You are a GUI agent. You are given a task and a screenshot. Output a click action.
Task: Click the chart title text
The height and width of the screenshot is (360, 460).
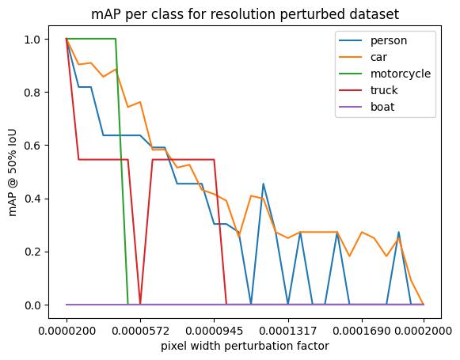pos(245,14)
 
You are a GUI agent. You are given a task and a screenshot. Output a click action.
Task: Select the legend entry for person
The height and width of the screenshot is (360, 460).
pos(373,40)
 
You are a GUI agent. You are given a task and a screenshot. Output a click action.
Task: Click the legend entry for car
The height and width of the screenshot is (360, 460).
pos(363,57)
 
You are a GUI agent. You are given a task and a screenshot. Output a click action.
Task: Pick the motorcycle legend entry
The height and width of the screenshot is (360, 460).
pos(385,74)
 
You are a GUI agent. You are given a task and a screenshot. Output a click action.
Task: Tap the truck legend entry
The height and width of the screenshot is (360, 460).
pos(368,90)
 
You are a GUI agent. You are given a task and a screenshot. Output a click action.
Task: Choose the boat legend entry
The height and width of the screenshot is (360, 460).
pos(367,107)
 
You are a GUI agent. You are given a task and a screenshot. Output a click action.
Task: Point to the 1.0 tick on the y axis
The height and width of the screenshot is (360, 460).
pos(33,40)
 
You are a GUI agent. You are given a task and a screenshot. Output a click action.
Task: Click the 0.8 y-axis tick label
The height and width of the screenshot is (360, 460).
pos(33,93)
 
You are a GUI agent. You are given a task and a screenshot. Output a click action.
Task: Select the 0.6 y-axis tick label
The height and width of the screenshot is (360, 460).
pos(33,146)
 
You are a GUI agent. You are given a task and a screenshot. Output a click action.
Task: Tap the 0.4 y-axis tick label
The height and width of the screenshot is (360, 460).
pos(33,199)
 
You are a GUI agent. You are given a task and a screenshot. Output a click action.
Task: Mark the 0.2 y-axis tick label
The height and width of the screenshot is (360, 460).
pos(33,252)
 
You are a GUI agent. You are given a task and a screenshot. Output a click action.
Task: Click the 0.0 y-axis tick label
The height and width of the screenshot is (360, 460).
pos(33,305)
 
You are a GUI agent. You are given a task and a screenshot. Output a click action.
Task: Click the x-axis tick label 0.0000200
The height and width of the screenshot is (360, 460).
pos(67,331)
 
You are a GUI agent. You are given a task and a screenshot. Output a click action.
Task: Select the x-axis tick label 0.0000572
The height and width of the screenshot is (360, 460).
pos(140,331)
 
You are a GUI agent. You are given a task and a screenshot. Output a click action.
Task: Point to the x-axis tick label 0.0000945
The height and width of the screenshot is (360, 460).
pos(214,331)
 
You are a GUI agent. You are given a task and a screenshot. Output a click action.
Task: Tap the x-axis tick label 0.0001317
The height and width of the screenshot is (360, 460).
pos(288,331)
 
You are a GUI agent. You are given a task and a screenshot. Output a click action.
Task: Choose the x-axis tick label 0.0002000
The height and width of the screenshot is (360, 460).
pos(424,331)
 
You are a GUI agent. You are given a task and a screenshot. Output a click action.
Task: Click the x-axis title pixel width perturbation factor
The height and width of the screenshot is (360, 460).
pos(245,346)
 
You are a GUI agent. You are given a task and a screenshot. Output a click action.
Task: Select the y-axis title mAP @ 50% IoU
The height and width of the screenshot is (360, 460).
pos(13,172)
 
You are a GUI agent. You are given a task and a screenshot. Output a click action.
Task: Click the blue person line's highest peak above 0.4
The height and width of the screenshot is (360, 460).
pos(263,184)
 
